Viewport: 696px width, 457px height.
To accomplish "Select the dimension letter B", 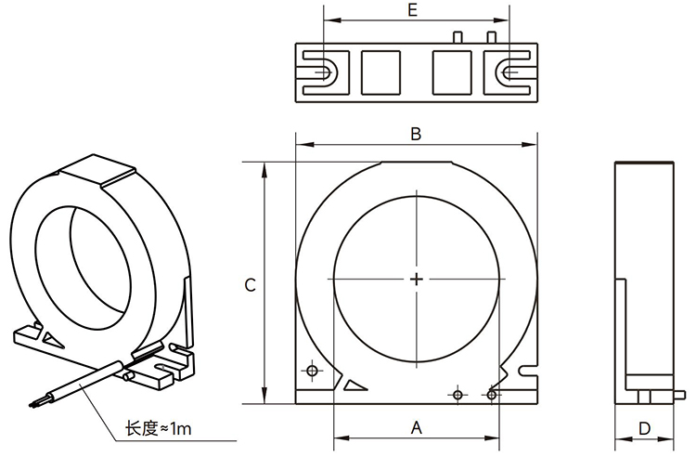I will point(417,134).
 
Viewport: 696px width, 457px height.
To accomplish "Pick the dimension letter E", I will point(412,10).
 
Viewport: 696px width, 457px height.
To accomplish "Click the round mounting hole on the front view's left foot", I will point(311,372).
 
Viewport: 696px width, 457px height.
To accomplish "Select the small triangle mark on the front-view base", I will point(354,384).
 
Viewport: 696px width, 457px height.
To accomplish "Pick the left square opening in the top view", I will point(379,71).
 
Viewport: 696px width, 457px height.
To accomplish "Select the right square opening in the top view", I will point(454,71).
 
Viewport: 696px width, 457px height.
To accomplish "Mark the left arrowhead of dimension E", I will point(327,20).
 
